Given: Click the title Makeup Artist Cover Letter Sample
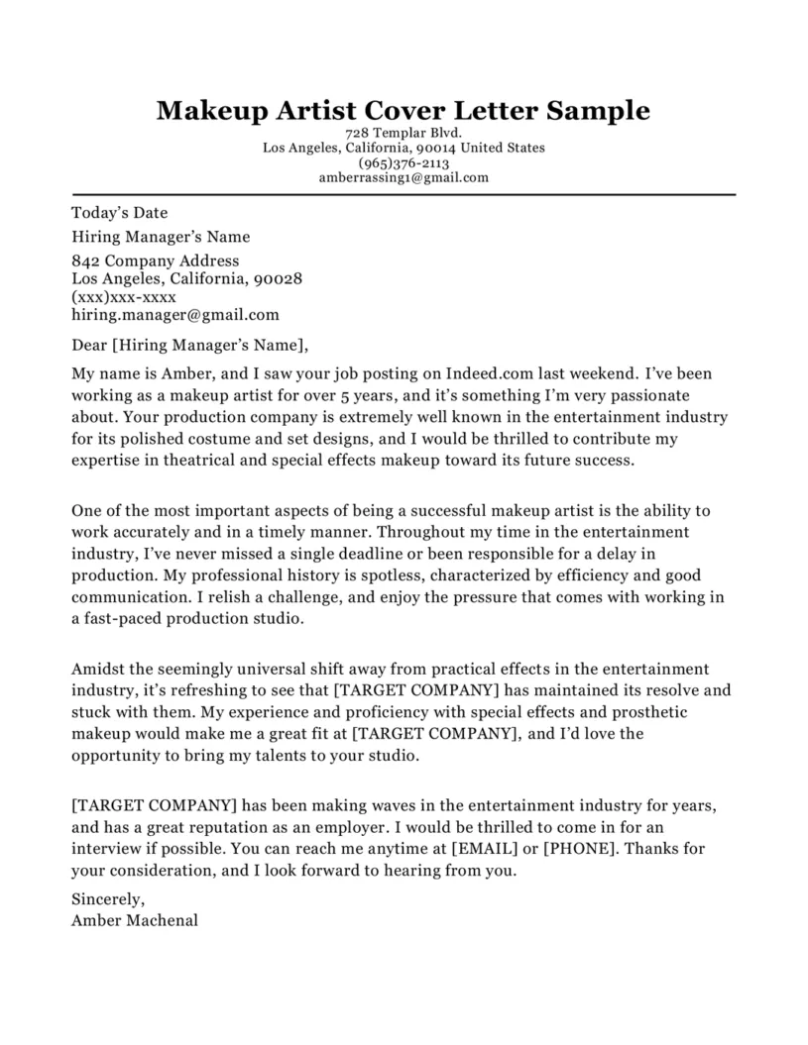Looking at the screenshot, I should [404, 110].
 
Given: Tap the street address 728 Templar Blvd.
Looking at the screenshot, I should [404, 133].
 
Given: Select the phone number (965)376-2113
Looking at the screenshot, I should [404, 163].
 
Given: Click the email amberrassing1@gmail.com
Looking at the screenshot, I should [404, 178].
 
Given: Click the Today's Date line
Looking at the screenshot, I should [120, 212].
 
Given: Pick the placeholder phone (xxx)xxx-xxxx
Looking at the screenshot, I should [124, 297].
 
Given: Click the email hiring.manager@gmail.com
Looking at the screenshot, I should [175, 315].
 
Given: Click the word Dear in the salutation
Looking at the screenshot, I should [91, 346].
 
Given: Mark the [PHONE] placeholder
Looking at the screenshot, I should [580, 849].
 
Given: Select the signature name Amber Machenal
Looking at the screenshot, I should [135, 919].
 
